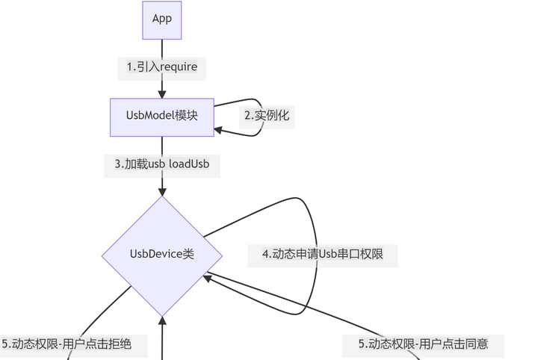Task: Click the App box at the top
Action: [x=162, y=19]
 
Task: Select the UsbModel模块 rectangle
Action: [x=162, y=117]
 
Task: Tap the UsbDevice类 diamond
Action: [x=162, y=255]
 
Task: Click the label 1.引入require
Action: [x=162, y=67]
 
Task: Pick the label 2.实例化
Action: [x=266, y=116]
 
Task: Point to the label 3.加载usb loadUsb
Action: [x=162, y=165]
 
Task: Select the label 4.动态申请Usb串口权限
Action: [x=323, y=255]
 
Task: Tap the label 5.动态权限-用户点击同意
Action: [x=423, y=344]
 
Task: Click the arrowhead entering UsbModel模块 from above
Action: [x=162, y=94]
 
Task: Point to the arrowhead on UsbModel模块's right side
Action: [x=219, y=131]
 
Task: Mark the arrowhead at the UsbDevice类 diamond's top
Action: [x=162, y=191]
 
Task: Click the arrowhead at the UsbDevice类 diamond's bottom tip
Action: [x=162, y=321]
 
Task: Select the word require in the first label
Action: [x=179, y=67]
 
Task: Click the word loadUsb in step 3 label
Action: [x=189, y=165]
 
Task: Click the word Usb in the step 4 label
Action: [x=330, y=255]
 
